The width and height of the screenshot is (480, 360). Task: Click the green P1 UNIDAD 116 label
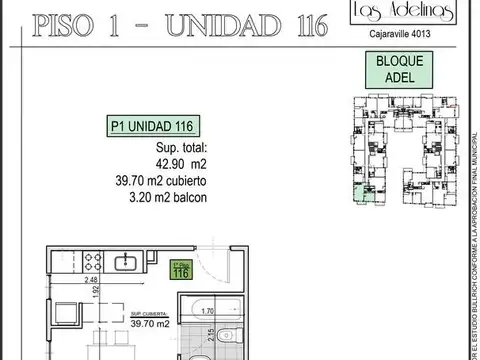pyautogui.click(x=150, y=126)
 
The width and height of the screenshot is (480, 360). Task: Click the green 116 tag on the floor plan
pyautogui.click(x=180, y=270)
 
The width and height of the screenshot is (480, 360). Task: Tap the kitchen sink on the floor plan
pyautogui.click(x=128, y=262)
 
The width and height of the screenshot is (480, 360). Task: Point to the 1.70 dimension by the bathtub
pyautogui.click(x=205, y=311)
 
